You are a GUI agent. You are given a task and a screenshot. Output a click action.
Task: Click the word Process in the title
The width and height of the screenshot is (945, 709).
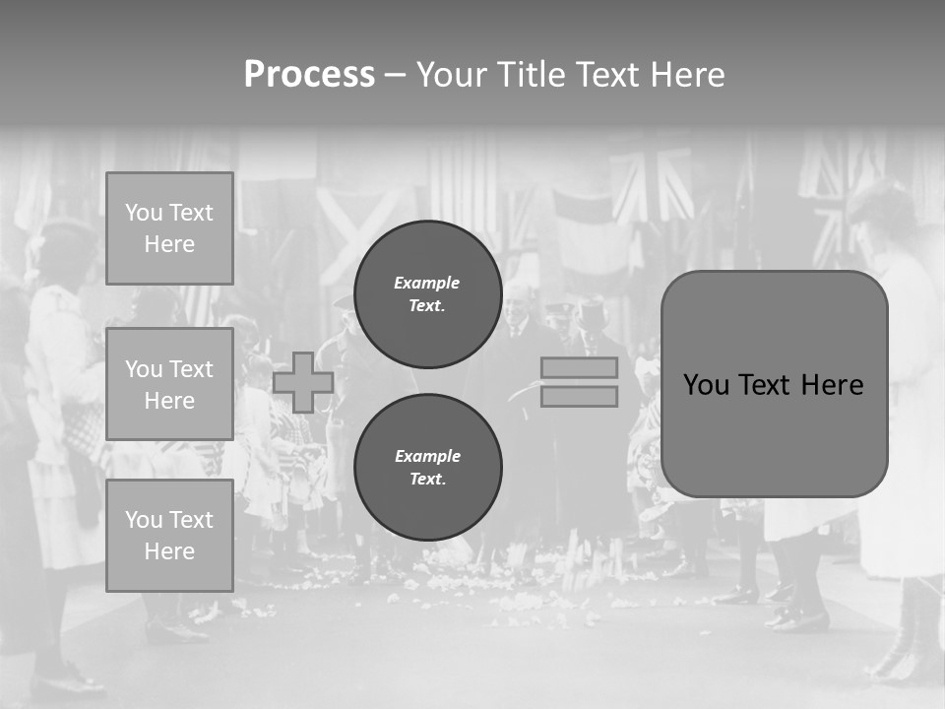[309, 75]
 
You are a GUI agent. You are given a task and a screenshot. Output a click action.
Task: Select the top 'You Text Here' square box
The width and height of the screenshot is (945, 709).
[169, 228]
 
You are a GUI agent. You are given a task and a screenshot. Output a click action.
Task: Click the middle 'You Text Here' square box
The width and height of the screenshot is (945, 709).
[169, 384]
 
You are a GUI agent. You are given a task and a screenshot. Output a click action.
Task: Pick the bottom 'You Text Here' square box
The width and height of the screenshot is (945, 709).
[169, 536]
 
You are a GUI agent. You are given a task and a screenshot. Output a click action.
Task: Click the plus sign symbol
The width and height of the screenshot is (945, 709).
[303, 382]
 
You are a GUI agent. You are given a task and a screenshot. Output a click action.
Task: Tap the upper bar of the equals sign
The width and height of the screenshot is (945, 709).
[579, 367]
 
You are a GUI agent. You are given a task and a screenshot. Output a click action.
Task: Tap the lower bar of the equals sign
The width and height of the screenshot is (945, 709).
[579, 396]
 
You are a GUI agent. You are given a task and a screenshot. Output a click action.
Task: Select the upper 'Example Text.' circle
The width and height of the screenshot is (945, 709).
[427, 294]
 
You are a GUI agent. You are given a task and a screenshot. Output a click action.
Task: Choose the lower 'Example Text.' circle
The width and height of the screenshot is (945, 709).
[427, 468]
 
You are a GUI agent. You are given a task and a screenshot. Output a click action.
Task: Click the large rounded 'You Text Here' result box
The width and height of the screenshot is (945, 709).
[774, 384]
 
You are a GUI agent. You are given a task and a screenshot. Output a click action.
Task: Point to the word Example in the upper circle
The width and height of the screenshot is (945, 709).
[426, 283]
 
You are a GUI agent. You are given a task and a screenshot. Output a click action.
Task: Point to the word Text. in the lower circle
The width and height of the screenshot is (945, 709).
[427, 480]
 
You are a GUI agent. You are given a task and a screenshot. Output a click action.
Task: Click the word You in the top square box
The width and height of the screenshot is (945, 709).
[144, 213]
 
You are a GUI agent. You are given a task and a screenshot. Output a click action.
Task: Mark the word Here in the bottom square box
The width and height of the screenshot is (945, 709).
[169, 551]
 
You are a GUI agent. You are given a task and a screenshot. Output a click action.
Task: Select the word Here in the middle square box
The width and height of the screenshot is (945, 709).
[169, 401]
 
